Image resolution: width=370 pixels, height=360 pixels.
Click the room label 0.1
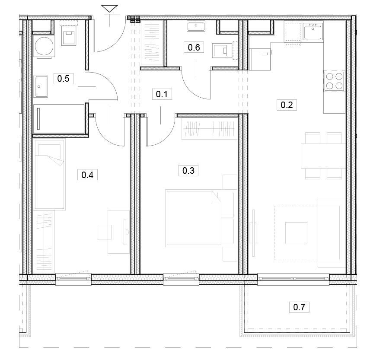[x=162, y=94]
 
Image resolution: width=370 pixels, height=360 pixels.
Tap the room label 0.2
[x=287, y=105]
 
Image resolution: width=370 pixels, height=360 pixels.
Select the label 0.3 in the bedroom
[x=188, y=170]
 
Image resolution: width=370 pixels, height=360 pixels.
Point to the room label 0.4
[x=88, y=175]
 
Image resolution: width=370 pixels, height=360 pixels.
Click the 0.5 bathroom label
[x=64, y=78]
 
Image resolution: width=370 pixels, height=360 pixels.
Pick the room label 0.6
[x=194, y=48]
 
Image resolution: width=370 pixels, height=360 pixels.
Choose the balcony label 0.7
[x=299, y=307]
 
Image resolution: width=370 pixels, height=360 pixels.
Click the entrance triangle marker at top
[x=109, y=9]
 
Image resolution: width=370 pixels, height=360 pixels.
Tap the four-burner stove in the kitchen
[x=334, y=81]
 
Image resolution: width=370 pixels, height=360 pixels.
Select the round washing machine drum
[x=44, y=46]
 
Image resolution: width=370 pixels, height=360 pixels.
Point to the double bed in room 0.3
[x=194, y=218]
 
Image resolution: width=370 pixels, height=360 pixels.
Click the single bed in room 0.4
[x=50, y=175]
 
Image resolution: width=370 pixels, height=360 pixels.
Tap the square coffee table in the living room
[x=296, y=233]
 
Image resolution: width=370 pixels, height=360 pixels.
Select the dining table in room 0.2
[x=323, y=156]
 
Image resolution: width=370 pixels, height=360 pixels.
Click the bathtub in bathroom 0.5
[x=59, y=119]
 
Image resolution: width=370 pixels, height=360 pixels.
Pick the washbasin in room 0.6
[x=196, y=26]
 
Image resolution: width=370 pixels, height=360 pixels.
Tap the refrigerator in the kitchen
[x=260, y=59]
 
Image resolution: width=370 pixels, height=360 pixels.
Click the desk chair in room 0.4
[x=104, y=232]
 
